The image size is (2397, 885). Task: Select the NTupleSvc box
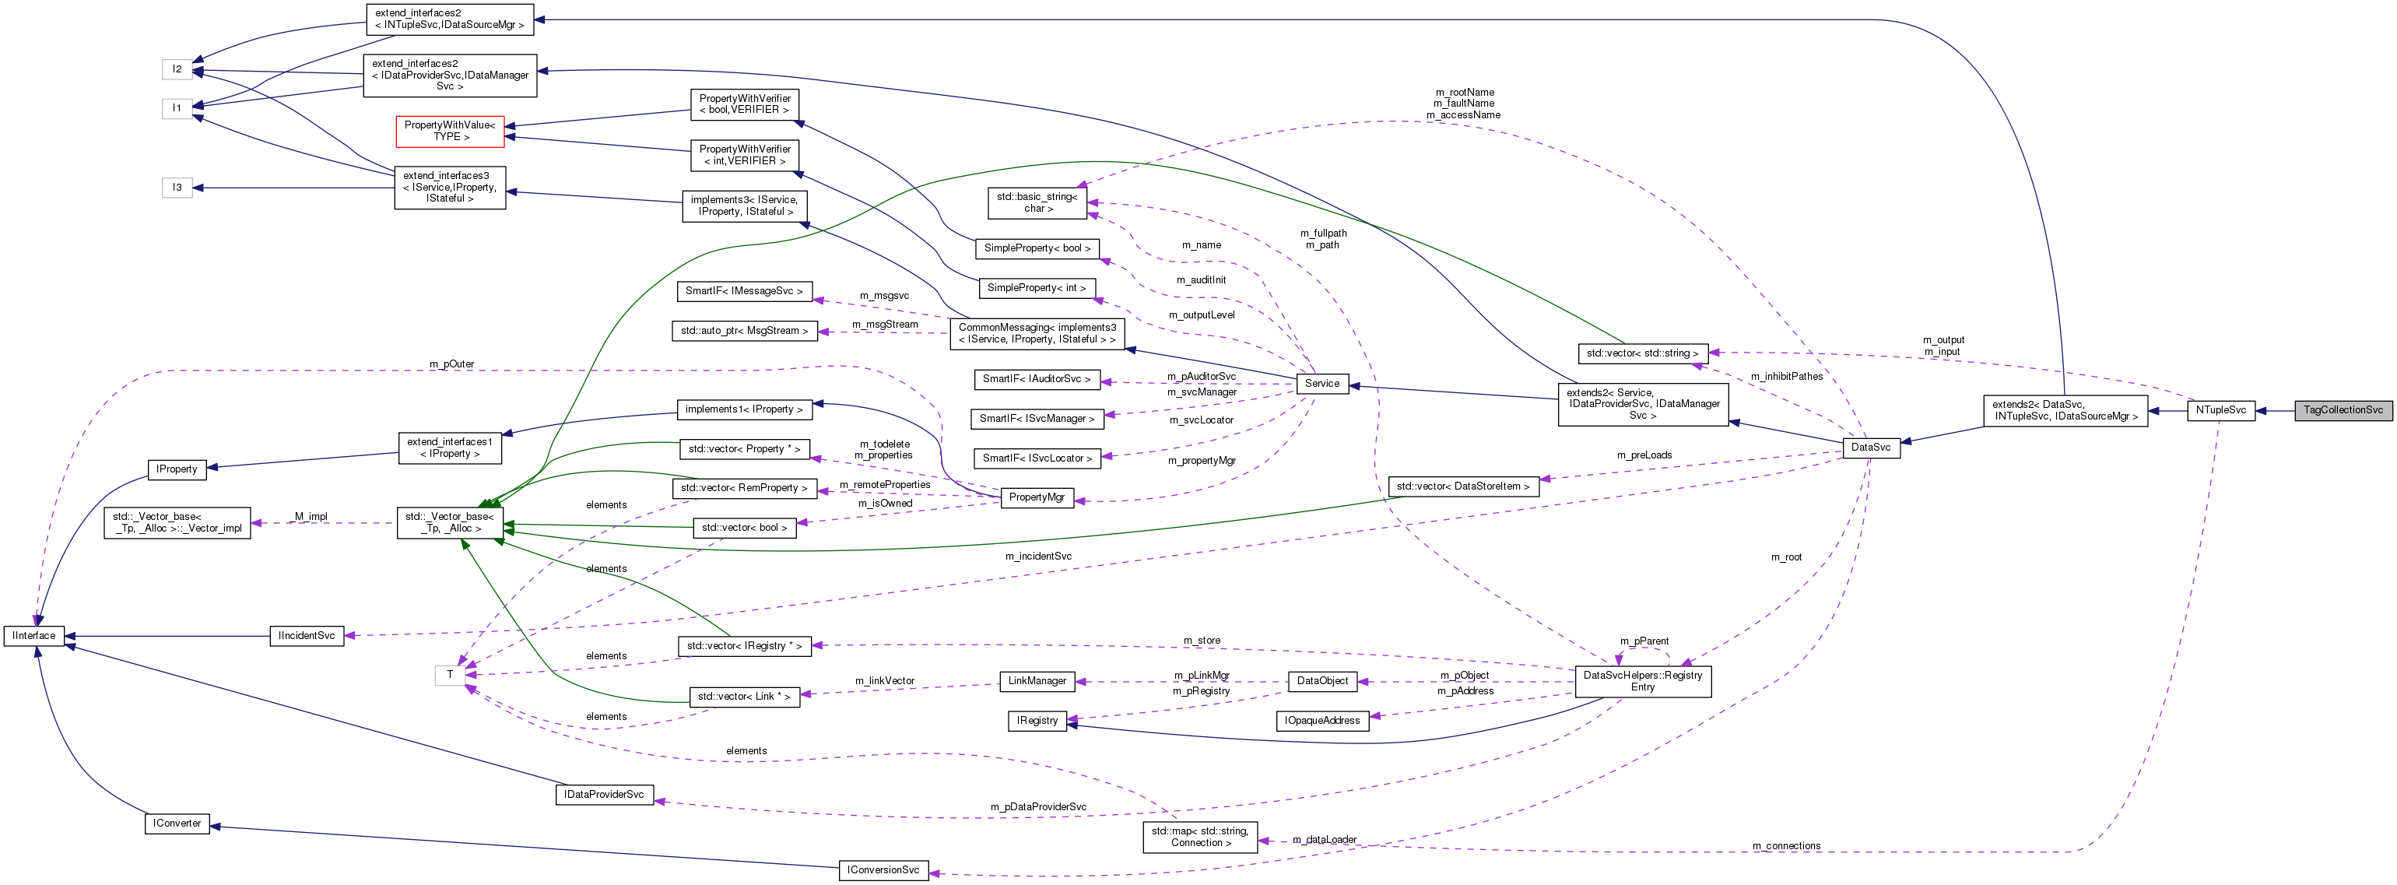[x=2220, y=410]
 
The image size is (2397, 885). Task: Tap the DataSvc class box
[x=1870, y=448]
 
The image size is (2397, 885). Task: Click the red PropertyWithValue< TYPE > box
[x=450, y=132]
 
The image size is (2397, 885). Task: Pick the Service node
[x=1321, y=384]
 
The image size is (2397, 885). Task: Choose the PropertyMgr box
[x=1036, y=498]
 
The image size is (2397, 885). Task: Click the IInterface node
[x=34, y=637]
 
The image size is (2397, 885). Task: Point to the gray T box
[x=450, y=676]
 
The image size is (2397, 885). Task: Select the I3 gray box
[x=177, y=188]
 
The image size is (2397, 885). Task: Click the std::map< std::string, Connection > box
[x=1199, y=837]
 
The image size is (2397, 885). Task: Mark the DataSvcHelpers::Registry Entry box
[x=1642, y=682]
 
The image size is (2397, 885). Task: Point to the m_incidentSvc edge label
[x=1037, y=557]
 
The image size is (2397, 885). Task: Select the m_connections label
[x=1785, y=847]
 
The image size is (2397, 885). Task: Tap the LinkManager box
[x=1037, y=681]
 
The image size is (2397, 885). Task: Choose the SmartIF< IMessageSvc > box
[x=743, y=291]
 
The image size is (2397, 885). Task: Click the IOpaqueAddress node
[x=1321, y=722]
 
